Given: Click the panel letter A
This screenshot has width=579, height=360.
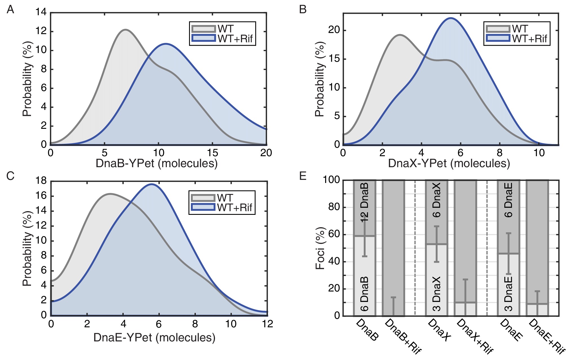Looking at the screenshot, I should (x=10, y=10).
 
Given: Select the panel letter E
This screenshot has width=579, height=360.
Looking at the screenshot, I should (x=303, y=176).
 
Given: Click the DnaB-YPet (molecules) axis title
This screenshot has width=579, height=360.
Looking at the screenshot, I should (x=157, y=164).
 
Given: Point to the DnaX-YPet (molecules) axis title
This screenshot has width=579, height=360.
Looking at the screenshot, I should (x=449, y=164).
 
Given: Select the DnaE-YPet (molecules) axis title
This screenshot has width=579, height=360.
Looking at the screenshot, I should (x=154, y=337).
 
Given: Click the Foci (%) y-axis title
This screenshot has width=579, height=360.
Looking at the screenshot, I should (x=320, y=248).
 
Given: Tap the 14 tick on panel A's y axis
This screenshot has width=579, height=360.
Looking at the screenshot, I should (x=41, y=12).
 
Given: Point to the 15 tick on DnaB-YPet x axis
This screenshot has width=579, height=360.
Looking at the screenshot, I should (x=212, y=153).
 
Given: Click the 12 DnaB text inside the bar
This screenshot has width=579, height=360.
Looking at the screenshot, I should (x=364, y=202).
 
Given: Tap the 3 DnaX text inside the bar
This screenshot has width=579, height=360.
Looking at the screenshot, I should (x=436, y=294).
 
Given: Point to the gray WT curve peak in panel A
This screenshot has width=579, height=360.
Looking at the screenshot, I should (x=125, y=30).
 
